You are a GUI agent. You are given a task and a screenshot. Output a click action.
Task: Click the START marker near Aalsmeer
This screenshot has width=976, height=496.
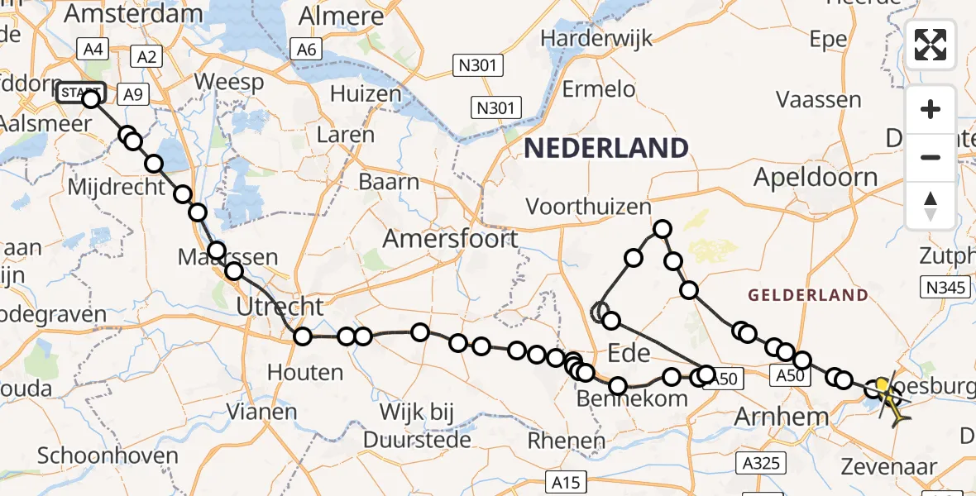[80, 93]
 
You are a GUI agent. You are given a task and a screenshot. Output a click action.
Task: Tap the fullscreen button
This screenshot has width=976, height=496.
[931, 45]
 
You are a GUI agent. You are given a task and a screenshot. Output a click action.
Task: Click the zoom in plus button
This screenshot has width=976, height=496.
[931, 109]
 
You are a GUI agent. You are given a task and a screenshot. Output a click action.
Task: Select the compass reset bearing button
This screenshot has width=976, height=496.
[931, 206]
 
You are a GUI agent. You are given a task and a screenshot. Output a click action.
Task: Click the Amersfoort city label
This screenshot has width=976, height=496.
[450, 240]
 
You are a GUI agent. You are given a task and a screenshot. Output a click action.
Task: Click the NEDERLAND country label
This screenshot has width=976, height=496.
[605, 149]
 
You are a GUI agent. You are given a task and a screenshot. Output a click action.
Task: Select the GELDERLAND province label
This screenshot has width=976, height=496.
[807, 295]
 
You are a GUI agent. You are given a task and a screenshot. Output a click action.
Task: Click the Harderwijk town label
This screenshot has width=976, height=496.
[596, 39]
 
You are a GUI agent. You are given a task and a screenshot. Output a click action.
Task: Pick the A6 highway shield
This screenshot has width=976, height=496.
[306, 50]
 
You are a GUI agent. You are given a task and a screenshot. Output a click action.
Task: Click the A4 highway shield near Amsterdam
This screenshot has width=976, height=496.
[93, 50]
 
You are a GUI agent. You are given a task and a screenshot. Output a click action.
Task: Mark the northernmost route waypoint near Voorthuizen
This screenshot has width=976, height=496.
[663, 229]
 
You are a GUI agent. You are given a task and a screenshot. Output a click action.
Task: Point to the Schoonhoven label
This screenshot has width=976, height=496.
[108, 455]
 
